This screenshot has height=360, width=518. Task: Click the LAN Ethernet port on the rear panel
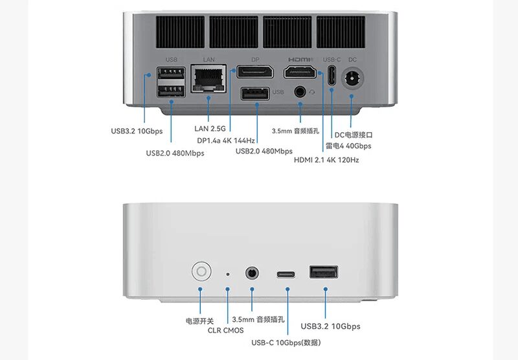[x=208, y=78]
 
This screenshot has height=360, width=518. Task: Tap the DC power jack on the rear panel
[x=352, y=78]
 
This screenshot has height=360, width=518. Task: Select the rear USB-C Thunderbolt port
[x=332, y=75]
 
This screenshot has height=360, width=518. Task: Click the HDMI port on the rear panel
[x=300, y=72]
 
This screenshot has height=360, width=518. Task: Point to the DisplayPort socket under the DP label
[x=255, y=72]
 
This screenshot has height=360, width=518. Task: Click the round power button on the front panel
[x=201, y=271]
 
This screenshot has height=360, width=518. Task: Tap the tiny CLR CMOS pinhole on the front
[x=228, y=274]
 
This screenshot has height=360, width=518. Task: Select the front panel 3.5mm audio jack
[x=252, y=273]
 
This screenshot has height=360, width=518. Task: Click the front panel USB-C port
[x=286, y=275]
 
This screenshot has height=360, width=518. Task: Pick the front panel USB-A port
[x=323, y=272]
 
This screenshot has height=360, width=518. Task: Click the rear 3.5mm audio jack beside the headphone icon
[x=300, y=91]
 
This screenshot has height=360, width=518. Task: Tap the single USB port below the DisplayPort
[x=255, y=93]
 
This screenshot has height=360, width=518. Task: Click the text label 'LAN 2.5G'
[x=210, y=128]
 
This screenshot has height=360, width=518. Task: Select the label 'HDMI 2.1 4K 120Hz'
[x=326, y=160]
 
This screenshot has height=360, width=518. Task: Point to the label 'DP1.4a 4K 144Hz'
[x=226, y=141]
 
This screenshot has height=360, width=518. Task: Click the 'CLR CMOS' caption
[x=225, y=330]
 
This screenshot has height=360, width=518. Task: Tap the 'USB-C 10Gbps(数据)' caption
[x=286, y=343]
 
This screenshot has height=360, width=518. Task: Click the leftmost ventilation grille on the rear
[x=181, y=32]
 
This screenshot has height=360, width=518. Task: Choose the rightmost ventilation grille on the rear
[x=341, y=32]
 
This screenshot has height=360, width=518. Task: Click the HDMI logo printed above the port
[x=300, y=60]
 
